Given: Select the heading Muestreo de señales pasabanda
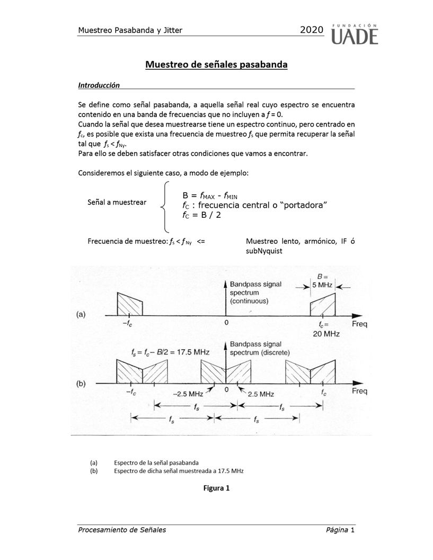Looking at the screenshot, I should [216, 65].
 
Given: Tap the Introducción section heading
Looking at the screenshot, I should [99, 85].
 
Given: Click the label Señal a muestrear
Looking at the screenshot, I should [117, 202].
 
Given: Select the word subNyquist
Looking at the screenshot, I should [264, 251].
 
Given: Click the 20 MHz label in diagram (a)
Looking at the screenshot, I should [325, 334].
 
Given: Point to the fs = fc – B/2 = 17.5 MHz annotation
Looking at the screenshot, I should [170, 351].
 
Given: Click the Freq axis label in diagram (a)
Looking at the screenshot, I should [359, 324].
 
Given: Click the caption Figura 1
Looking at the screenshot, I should [216, 488].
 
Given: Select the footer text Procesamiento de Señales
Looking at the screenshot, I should [122, 530].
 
